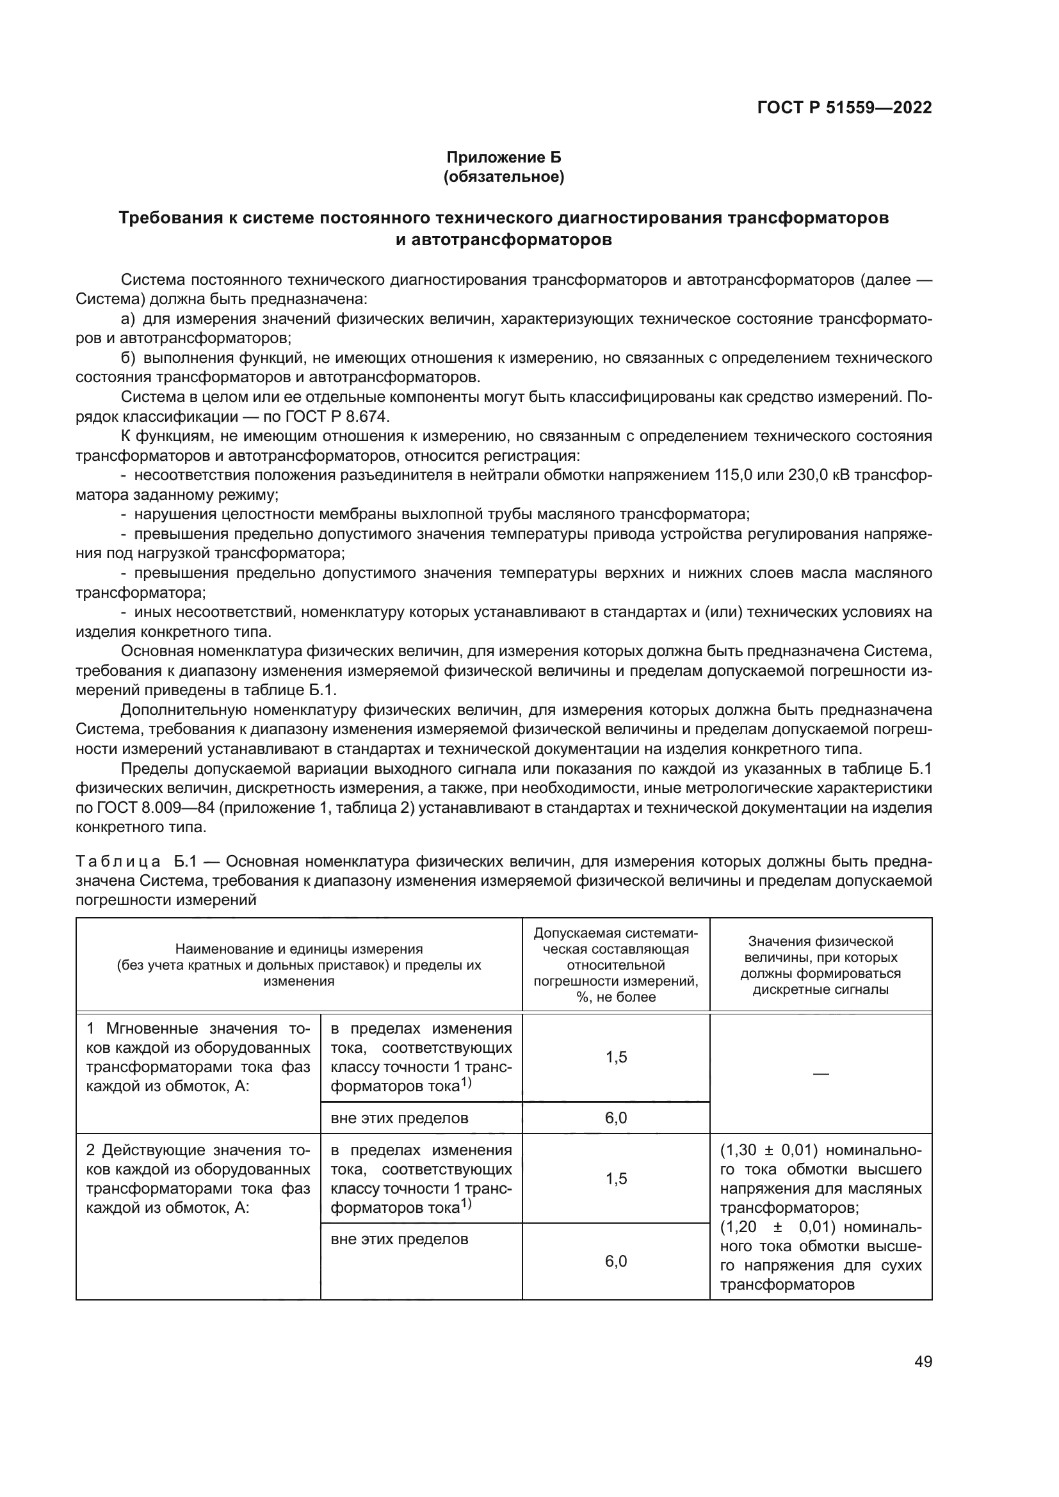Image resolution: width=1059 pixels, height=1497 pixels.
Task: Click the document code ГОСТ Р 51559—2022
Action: coord(844,108)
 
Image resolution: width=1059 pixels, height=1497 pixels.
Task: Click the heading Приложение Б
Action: coord(503,157)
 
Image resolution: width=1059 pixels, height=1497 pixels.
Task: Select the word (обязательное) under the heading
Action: coord(503,177)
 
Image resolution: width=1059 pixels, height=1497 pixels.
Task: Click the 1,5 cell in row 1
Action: coord(615,1057)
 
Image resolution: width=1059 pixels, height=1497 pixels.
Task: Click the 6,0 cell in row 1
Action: coord(615,1118)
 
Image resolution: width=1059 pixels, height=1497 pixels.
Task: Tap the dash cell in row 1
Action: coord(820,1073)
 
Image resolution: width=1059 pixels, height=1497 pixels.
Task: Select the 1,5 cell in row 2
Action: coord(615,1178)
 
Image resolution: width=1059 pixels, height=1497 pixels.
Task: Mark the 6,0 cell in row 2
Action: coord(615,1261)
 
